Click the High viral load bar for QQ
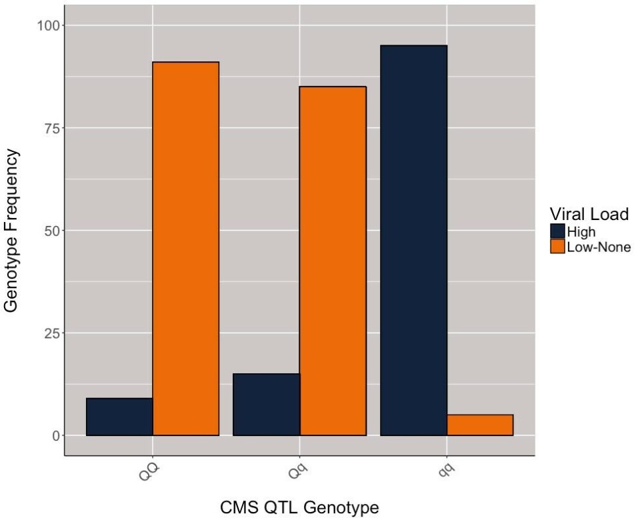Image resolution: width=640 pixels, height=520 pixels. point(119,417)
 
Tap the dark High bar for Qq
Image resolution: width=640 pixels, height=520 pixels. point(267,405)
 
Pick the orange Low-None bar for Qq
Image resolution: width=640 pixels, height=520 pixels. point(333,261)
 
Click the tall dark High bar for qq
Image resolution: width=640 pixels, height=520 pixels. point(413,240)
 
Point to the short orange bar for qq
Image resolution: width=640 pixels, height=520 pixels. point(480,425)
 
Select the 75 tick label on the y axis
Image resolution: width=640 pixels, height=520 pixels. point(51,128)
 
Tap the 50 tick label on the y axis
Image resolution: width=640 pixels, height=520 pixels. point(51,231)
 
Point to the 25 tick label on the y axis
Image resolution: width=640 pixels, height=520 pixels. point(51,333)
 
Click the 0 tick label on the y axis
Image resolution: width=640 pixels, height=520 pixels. point(55,436)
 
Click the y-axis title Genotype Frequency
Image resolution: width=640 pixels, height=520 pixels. point(12,231)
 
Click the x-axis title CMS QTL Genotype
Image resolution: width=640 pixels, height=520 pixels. point(299,507)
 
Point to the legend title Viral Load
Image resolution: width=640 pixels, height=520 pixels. point(589,214)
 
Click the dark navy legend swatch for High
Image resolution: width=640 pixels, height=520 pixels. point(558,232)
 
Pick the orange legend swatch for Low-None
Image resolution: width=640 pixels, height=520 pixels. point(558,247)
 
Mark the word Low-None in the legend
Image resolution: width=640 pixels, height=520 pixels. point(599,247)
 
